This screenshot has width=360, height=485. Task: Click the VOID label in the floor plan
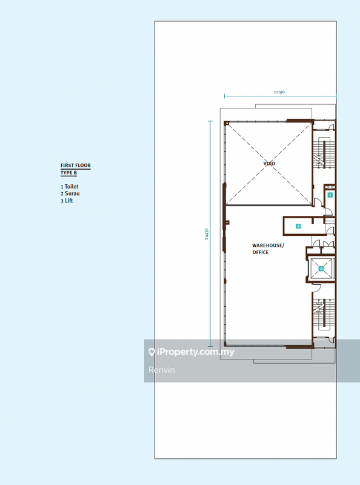pos(269,163)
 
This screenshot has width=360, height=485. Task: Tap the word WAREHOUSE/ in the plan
pos(268,246)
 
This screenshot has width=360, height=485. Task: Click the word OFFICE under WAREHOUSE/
pos(261,252)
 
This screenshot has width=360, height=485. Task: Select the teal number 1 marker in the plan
pos(330,195)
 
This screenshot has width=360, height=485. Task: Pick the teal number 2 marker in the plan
pos(298,226)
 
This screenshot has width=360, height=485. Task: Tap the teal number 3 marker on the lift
pos(321,269)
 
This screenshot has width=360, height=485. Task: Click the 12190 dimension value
pos(279,92)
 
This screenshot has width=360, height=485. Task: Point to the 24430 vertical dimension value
pos(206,234)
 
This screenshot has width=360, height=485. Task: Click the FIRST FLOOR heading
pos(76,166)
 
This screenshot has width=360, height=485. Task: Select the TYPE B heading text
pos(68,173)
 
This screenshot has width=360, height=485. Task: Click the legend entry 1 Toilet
pos(70,187)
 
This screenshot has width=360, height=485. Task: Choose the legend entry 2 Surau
pos(70,193)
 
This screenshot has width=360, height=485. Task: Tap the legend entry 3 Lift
pos(67,201)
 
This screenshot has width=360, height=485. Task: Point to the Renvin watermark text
pos(161,370)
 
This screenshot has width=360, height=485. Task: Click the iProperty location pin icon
pos(152,352)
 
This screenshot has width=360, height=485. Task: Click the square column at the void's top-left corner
pos(227,124)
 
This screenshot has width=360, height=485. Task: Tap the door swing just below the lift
pos(316,288)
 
